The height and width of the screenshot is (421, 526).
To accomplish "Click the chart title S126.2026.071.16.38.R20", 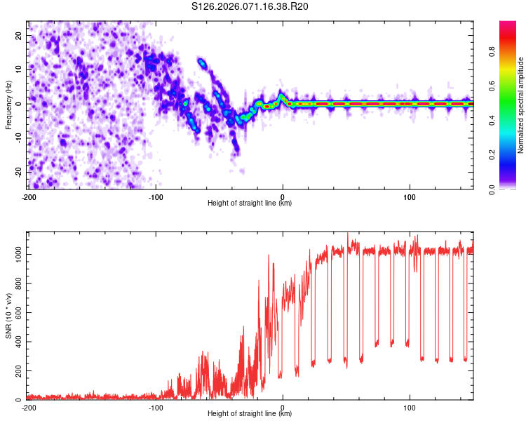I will click(250, 7).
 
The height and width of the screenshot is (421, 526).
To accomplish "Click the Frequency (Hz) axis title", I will click(8, 105).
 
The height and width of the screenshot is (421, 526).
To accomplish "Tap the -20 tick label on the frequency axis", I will click(19, 172).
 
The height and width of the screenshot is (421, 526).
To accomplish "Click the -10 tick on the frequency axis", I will click(19, 138).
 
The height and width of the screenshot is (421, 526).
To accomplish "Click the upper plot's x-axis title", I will click(250, 203).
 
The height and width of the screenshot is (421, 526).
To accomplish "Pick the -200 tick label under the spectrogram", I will click(29, 196).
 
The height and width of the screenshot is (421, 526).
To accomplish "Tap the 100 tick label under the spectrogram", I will click(410, 196).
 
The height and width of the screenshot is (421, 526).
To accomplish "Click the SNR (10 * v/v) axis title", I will click(8, 315).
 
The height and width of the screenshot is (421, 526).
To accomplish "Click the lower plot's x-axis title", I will click(250, 414).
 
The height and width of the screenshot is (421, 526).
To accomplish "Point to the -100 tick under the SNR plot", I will click(156, 407).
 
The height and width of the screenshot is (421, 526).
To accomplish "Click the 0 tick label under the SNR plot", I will click(283, 407).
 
